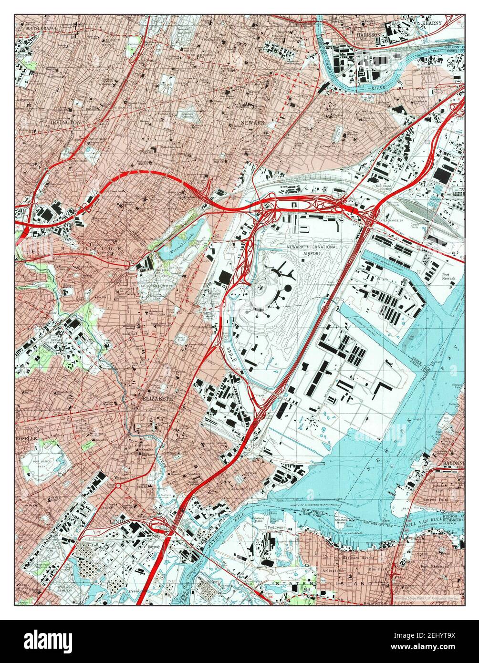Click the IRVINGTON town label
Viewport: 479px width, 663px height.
(65, 122)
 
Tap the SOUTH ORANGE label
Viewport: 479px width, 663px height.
(42, 28)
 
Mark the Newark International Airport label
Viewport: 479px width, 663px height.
(312, 250)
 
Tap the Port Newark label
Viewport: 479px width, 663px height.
(448, 277)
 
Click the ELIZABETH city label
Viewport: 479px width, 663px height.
(156, 397)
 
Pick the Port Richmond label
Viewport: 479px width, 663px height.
(435, 566)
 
